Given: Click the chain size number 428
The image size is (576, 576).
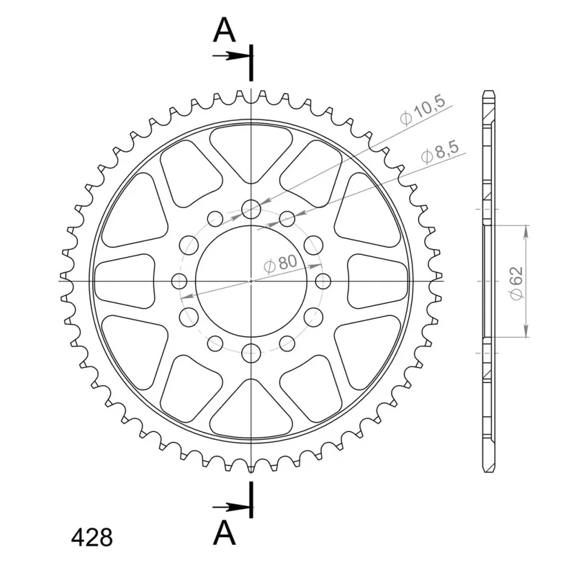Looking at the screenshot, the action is (x=92, y=538).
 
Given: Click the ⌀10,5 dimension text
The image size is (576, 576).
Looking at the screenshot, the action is (x=423, y=111).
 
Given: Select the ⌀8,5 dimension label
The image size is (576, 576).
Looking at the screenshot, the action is (x=440, y=152).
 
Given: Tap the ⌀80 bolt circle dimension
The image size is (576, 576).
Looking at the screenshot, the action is (x=280, y=264).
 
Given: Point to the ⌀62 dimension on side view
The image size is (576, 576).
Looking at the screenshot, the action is (x=516, y=283).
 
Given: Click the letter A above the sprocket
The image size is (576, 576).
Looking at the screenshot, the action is (x=224, y=30).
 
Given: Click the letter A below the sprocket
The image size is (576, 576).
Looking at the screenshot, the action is (x=224, y=533).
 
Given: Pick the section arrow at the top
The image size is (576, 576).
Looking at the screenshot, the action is (x=233, y=56).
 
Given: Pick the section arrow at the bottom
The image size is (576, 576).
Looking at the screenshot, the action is (x=233, y=508).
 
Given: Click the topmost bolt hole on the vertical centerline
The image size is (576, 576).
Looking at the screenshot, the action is (x=251, y=210).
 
